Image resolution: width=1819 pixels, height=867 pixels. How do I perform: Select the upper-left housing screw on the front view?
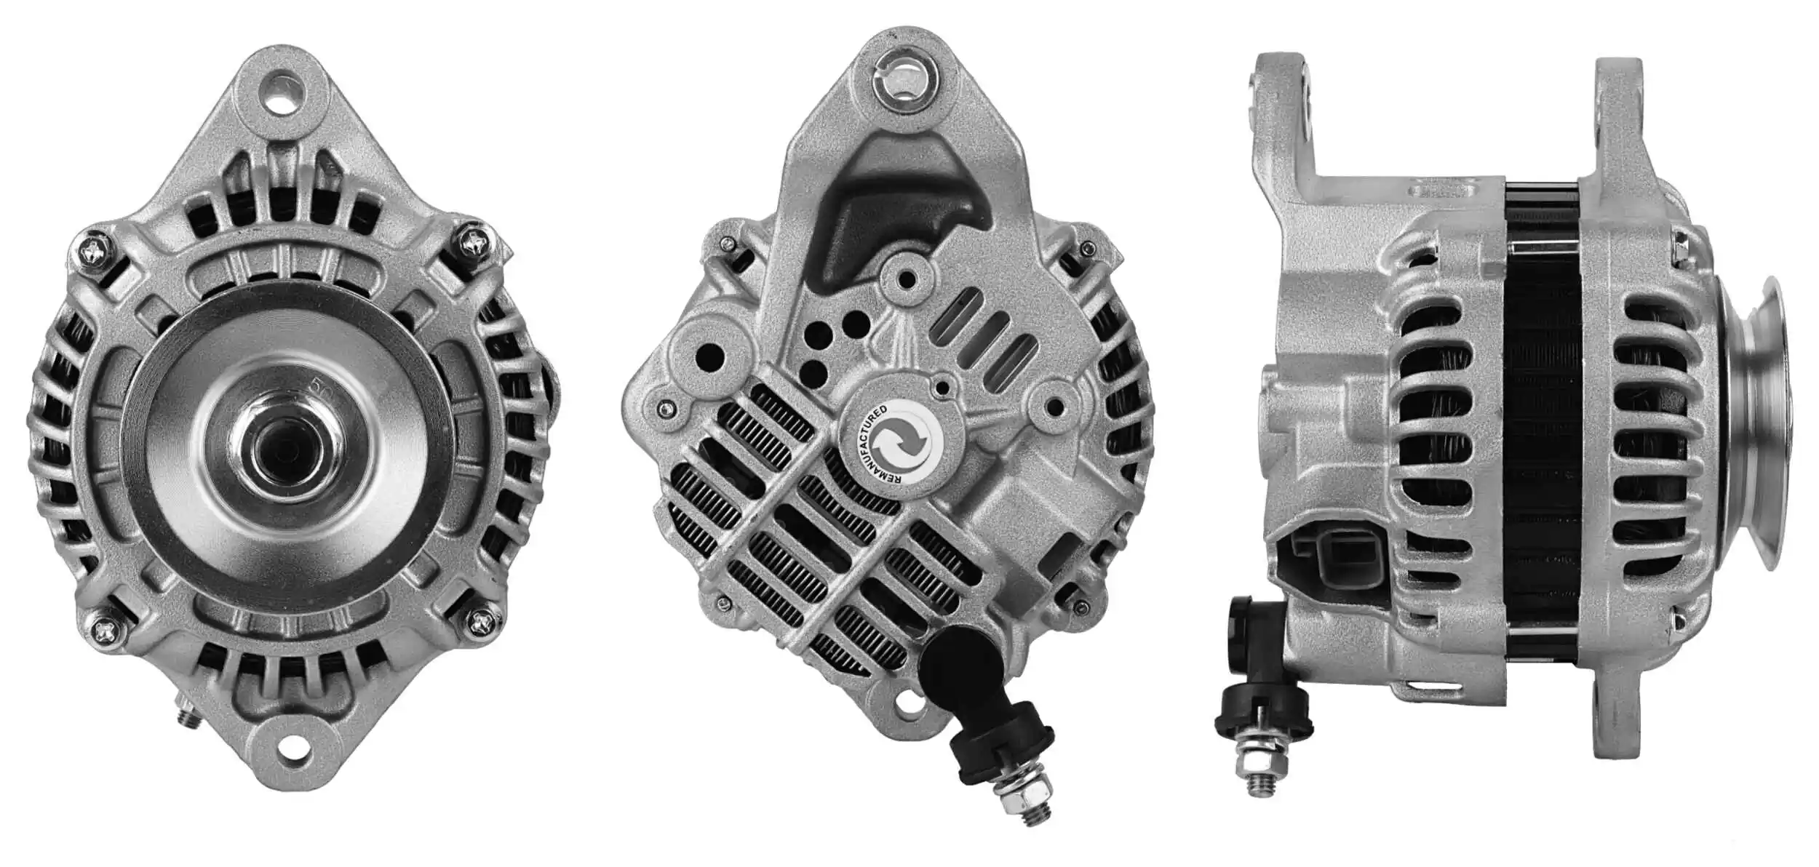click(x=95, y=252)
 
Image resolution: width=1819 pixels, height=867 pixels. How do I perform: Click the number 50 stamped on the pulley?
click(x=318, y=385)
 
